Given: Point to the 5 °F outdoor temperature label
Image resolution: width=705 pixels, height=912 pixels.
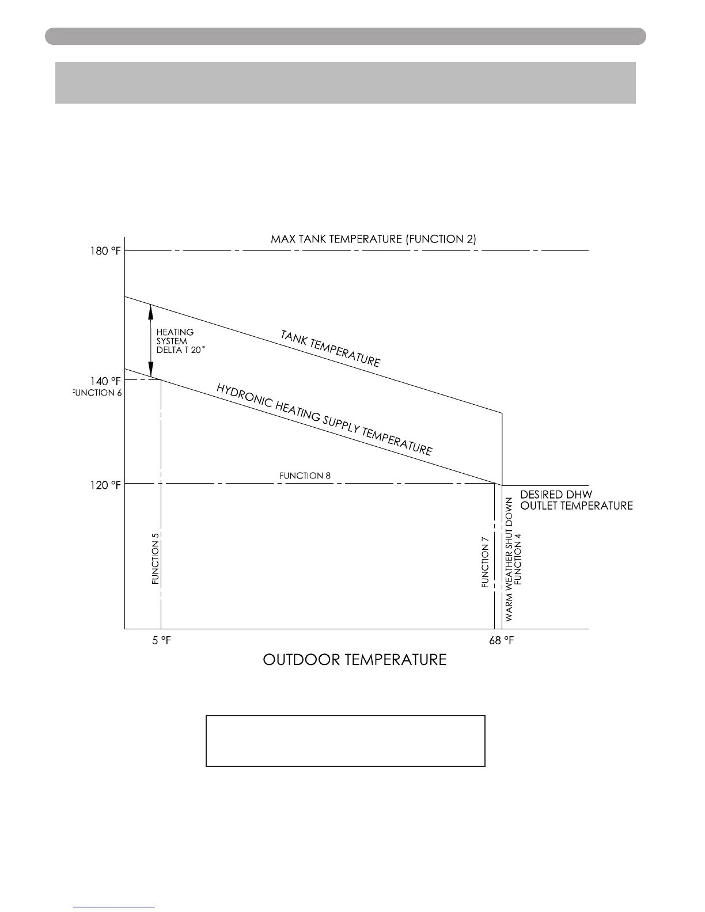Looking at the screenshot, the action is coord(161,641).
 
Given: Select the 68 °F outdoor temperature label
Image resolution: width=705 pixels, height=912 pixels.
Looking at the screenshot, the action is coord(501,641).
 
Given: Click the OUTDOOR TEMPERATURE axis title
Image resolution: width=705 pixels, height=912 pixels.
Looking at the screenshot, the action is coord(354,660).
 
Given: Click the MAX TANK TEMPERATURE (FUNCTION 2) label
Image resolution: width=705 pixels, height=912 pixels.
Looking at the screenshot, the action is coord(373,239).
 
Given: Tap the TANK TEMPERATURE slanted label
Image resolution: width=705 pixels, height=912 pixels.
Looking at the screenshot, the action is coord(330,348).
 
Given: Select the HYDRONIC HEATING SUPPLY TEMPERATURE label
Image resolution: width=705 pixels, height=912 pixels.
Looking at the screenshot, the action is coord(324,419).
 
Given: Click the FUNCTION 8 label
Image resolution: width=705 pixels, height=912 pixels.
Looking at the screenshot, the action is coord(305,476).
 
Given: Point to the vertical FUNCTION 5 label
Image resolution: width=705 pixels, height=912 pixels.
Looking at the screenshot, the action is coord(156,558).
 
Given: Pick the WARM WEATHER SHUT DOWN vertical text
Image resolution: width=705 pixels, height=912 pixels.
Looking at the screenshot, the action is coord(509,558).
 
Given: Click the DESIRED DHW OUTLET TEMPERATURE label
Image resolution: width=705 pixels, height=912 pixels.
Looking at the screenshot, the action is coord(576,500).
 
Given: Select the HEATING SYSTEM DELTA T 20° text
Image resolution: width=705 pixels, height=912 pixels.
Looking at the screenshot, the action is coord(180,341).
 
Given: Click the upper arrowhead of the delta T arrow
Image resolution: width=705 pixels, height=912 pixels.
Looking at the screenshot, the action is coord(151,311).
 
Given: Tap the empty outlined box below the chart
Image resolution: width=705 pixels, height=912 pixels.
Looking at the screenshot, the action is coord(346,741).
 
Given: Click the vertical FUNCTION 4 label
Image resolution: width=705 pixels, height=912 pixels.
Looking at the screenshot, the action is coord(518,558).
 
